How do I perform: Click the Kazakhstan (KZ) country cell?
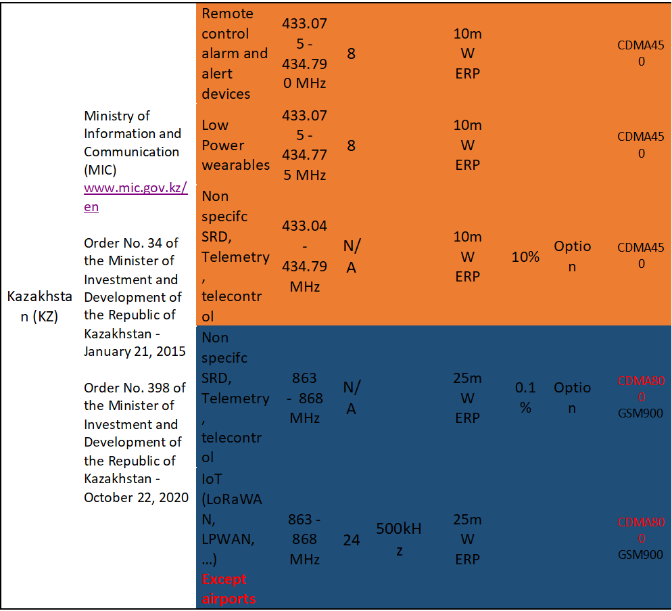point(39,307)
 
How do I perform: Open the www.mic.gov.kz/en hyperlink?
point(135,189)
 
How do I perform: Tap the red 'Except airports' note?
point(229,589)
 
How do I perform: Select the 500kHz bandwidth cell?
point(399,539)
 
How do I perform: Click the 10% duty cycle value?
point(525,257)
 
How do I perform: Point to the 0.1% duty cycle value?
point(525,397)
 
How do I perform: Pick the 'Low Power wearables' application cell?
point(235,145)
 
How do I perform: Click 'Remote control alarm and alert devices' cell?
point(235,53)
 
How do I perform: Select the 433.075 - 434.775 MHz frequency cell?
point(304,145)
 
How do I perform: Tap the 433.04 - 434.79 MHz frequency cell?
point(304,257)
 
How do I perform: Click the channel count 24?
point(351,540)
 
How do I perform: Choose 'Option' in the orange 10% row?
point(572,256)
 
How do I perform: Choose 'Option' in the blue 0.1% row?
point(572,398)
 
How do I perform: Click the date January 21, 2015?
point(135,351)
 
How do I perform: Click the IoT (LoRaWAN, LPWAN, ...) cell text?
point(231,519)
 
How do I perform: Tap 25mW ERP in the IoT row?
point(467,539)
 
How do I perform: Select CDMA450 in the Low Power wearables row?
point(641,145)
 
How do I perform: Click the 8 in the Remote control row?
point(351,53)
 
